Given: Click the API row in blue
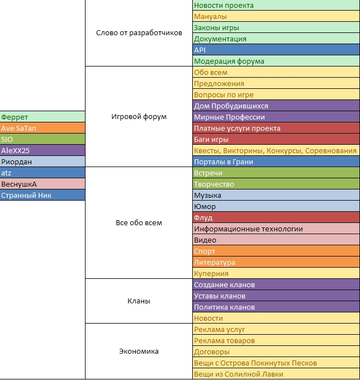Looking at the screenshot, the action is coord(276,50).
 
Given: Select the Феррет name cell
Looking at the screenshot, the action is coord(42,117).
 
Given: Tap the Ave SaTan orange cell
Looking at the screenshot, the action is coord(42,128).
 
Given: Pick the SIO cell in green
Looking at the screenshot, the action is coord(42,139).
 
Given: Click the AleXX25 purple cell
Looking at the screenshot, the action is coord(42,150).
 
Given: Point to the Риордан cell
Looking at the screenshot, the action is coord(42,161).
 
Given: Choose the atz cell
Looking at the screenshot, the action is coord(42,173).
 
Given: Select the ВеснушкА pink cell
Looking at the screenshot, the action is coord(42,184).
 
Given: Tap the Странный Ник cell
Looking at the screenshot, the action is coord(42,195).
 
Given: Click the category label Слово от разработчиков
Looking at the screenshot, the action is coord(139,33).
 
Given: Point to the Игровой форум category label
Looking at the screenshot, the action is coord(139,117).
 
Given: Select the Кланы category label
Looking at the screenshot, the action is coord(139,301).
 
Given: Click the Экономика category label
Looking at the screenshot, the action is coord(139,351).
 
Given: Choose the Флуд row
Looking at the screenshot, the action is coord(276,217).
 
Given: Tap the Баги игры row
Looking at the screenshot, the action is coord(276,139).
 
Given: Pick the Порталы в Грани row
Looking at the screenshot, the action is coord(276,161).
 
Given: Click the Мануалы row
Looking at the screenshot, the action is coord(276,16).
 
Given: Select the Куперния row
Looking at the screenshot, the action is coord(276,273).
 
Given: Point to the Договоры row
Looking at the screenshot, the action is coord(276,351).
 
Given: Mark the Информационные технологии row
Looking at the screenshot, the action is coord(276,229).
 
